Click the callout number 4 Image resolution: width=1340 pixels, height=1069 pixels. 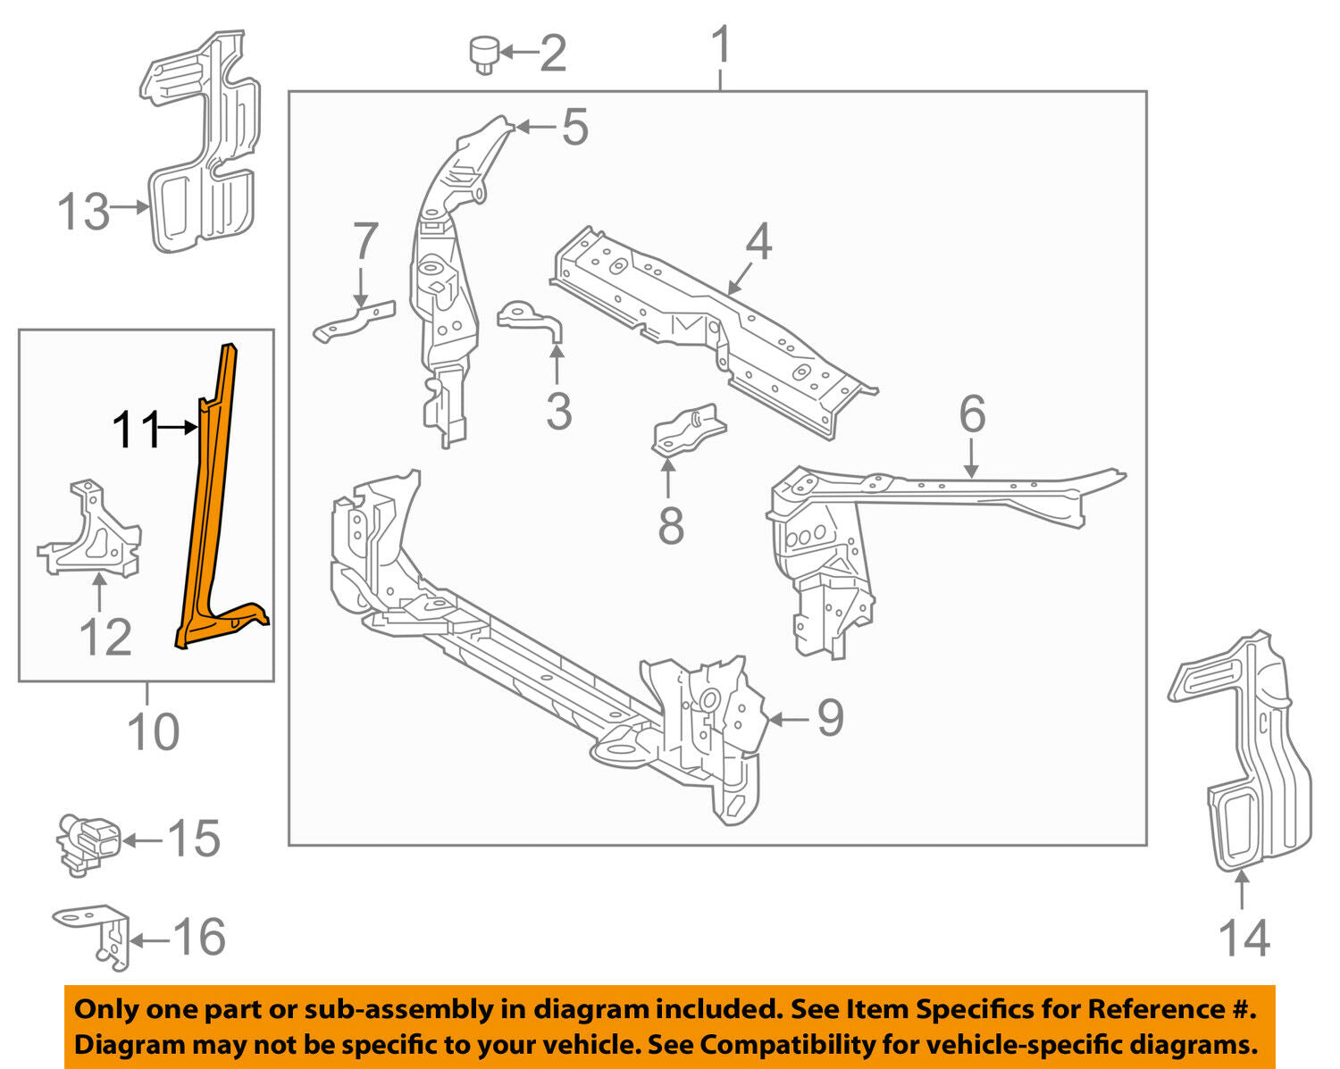pos(758,242)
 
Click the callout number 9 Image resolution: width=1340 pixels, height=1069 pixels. pos(830,718)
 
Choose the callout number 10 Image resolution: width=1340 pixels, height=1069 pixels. pos(153,732)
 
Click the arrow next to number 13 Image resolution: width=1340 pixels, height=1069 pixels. pos(130,207)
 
